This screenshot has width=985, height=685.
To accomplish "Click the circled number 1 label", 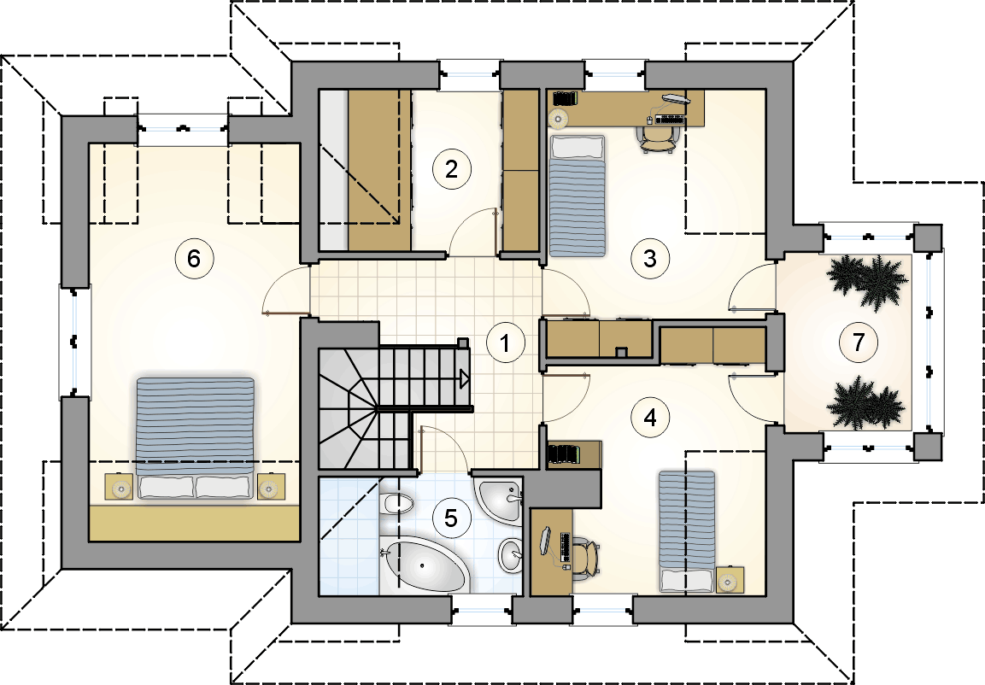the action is click(x=505, y=342).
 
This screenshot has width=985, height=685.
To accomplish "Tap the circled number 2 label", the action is click(x=451, y=169).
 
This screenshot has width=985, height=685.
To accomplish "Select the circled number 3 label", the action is click(x=649, y=257).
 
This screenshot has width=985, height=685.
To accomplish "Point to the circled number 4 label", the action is click(x=650, y=417).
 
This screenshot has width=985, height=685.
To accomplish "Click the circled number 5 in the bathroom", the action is click(x=450, y=518).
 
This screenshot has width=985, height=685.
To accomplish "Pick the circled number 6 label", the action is click(x=194, y=257).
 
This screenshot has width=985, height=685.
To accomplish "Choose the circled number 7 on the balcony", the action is click(x=858, y=342).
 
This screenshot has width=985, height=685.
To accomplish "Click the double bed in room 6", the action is click(x=196, y=438).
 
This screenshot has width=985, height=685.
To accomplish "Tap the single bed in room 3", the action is click(x=578, y=196).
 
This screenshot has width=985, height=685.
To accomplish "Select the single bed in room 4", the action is click(x=686, y=531).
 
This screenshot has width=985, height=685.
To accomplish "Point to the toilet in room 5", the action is click(x=397, y=504).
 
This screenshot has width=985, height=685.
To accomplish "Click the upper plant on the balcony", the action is click(x=867, y=281).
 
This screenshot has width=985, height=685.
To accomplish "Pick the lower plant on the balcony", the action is click(x=867, y=403).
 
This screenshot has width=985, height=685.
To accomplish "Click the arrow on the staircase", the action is click(x=465, y=378).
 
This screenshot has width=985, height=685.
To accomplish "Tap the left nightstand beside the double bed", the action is click(x=119, y=487).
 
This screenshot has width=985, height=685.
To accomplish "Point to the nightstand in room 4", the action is click(x=730, y=580).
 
